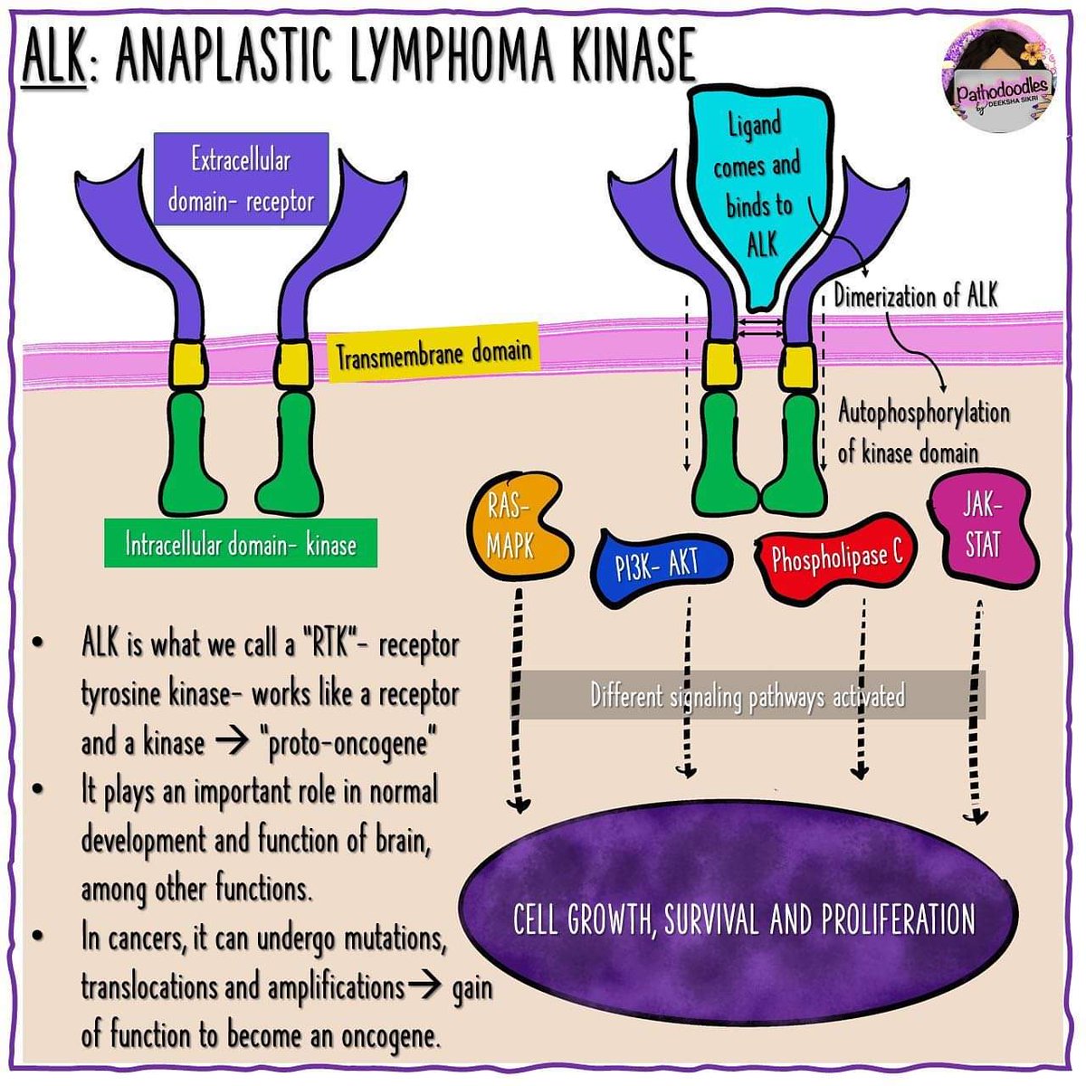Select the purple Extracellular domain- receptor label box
pos(241,179)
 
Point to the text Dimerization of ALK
pos(915,296)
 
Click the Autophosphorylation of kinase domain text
pos(922,432)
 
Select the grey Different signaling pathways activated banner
pos(748,696)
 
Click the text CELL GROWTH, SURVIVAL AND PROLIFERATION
pos(744,920)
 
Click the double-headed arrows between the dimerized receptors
pos(761,327)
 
